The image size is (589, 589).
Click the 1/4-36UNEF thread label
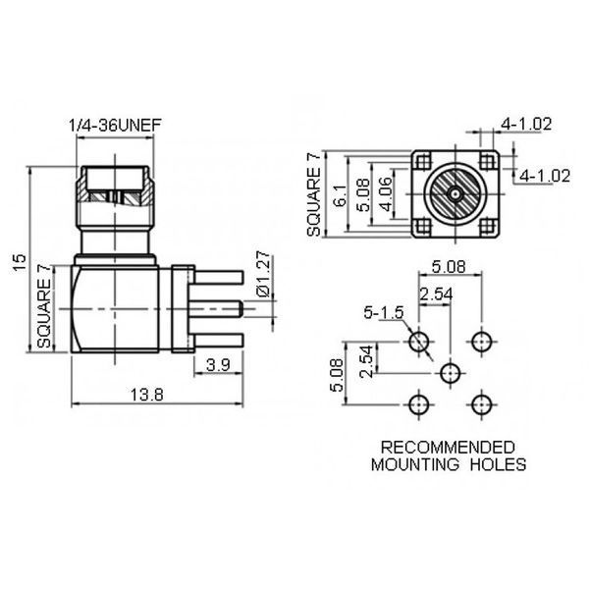click(115, 125)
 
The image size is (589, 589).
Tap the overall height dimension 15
click(20, 262)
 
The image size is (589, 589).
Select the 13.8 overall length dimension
click(147, 395)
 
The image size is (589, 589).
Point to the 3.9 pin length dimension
click(218, 365)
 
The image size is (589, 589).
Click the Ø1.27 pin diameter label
click(263, 274)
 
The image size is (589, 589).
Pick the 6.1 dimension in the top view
click(341, 195)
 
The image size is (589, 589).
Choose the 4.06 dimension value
click(385, 194)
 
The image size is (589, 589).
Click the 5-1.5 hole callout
click(384, 312)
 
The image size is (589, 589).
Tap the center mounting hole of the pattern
click(450, 373)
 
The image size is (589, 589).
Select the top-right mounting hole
click(481, 342)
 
